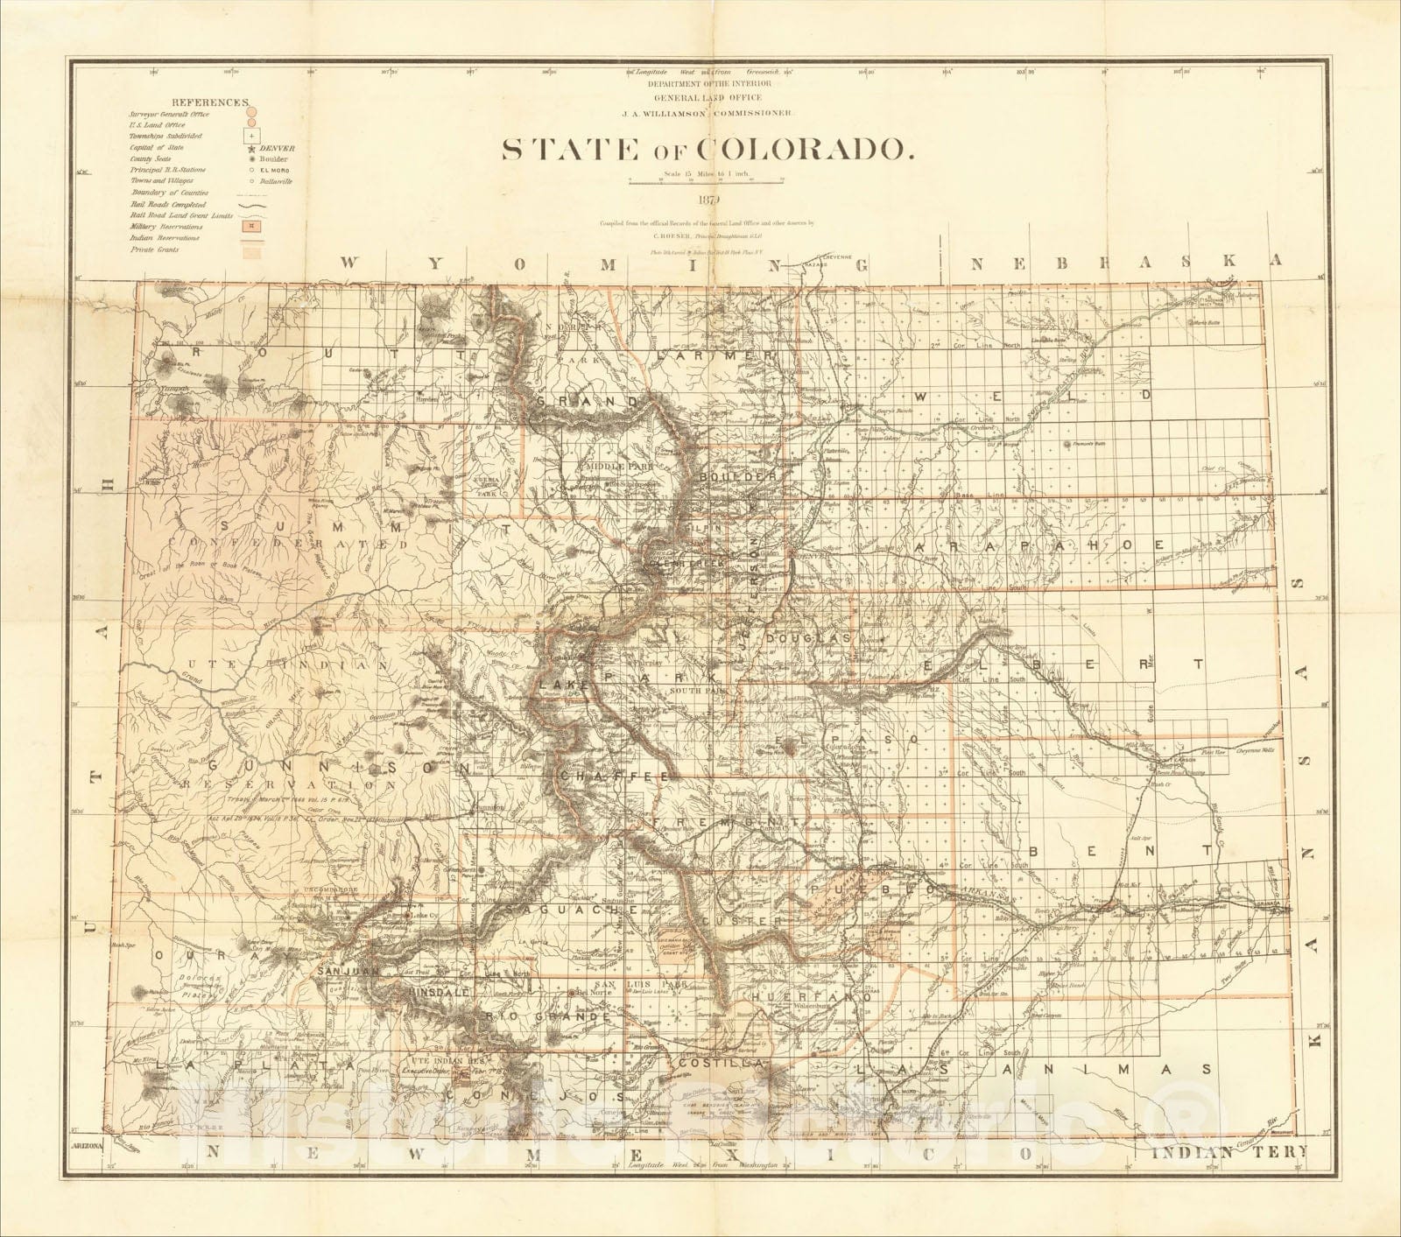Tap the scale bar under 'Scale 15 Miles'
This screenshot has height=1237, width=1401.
pyautogui.click(x=706, y=181)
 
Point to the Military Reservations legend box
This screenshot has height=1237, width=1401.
pyautogui.click(x=252, y=226)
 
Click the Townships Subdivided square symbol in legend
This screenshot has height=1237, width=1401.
pyautogui.click(x=252, y=136)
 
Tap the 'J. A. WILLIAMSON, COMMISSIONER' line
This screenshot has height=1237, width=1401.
pyautogui.click(x=706, y=114)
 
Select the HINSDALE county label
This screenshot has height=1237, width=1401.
pyautogui.click(x=440, y=993)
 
